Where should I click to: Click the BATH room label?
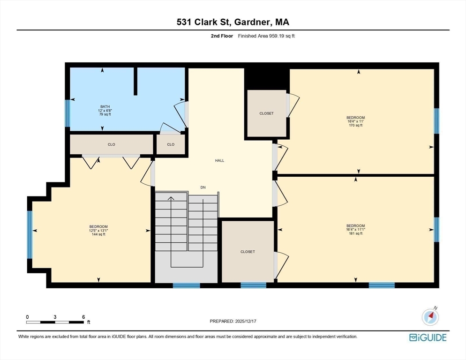point(105,106)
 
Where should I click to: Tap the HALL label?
point(219,161)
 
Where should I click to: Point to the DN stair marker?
point(203,187)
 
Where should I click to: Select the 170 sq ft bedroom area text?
point(355,126)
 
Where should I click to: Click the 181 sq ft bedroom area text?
point(355,233)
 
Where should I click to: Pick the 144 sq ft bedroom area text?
point(98,234)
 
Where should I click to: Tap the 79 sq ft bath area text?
point(105,114)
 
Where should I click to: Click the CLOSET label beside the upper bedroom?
point(266,113)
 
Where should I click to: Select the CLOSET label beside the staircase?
point(248,252)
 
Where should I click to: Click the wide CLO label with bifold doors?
point(112,144)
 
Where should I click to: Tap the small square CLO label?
point(171,144)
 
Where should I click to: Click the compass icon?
point(430,317)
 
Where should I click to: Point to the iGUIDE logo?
point(428,337)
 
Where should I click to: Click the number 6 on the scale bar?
point(83,317)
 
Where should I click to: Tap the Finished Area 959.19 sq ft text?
point(266,36)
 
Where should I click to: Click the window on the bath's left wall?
point(68,113)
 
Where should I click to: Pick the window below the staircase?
point(186,285)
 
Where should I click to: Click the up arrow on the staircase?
point(171,199)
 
